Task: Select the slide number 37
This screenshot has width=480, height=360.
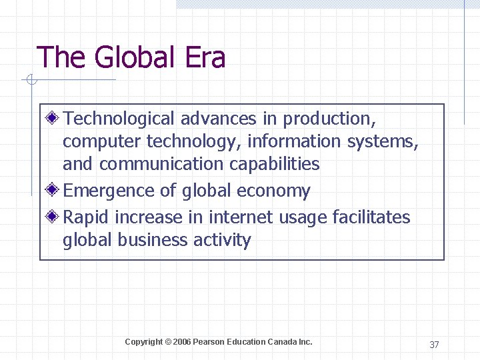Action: pyautogui.click(x=434, y=345)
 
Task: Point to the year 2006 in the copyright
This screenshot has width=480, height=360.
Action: pyautogui.click(x=182, y=342)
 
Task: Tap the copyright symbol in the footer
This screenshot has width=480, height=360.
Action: pyautogui.click(x=168, y=342)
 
